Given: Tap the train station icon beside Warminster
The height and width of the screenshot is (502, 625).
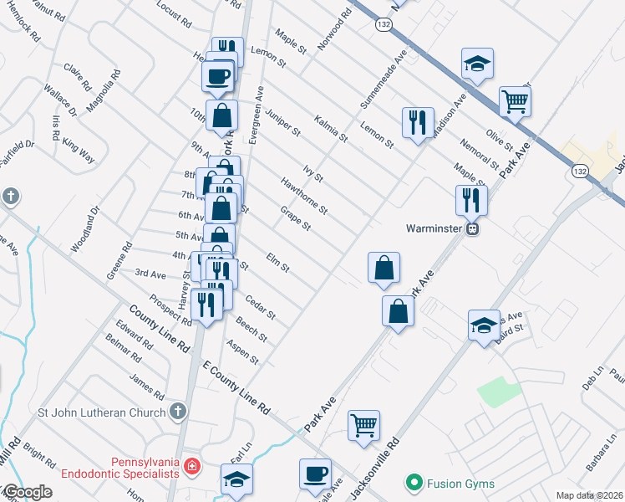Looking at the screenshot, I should pos(473,228).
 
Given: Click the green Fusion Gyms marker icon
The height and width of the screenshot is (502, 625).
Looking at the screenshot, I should pos(412,483).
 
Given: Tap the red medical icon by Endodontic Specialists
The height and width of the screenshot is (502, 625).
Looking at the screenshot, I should pos(191,465).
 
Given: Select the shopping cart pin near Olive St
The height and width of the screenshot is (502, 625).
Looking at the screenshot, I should pos(516,102).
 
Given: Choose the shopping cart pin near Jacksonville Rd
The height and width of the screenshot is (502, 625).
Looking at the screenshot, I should pos(363,423).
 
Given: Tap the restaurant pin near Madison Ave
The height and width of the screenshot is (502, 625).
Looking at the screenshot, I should pos(417,121).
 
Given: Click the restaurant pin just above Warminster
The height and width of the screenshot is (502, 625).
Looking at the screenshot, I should pos(471,199).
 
